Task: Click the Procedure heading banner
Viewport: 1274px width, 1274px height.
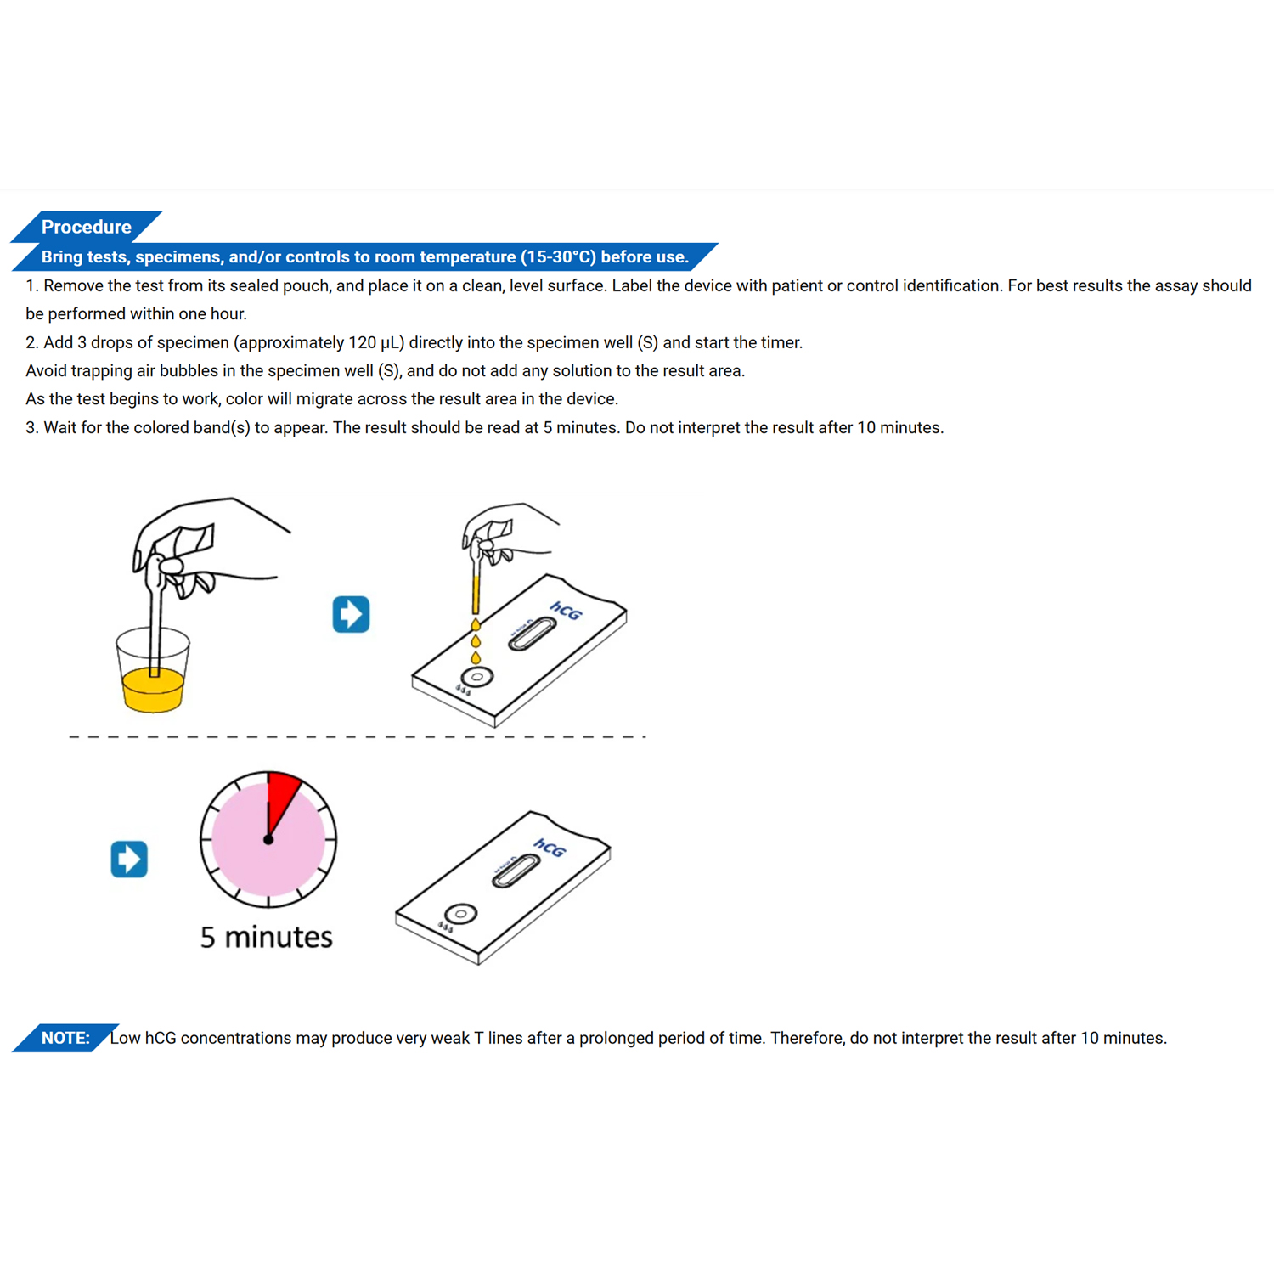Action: (86, 227)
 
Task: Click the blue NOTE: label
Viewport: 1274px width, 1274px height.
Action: (65, 1038)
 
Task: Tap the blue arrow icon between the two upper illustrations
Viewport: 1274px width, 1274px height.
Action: (351, 614)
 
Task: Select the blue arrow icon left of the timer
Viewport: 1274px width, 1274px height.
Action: (129, 859)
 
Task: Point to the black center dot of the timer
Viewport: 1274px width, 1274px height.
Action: (268, 840)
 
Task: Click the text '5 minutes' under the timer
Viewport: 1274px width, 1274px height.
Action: (266, 937)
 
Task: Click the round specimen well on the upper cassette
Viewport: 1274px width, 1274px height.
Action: (477, 677)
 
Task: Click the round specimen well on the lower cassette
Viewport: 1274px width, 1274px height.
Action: (461, 914)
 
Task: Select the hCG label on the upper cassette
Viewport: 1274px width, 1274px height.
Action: (566, 611)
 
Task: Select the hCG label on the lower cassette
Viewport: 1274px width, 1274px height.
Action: (550, 848)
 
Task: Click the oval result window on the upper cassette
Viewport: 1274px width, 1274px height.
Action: (533, 634)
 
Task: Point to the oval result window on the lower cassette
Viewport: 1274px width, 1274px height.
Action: (516, 871)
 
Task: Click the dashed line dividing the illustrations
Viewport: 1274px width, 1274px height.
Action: (357, 736)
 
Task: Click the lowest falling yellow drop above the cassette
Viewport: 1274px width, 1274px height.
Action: (476, 657)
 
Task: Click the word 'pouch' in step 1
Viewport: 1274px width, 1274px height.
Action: (306, 285)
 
